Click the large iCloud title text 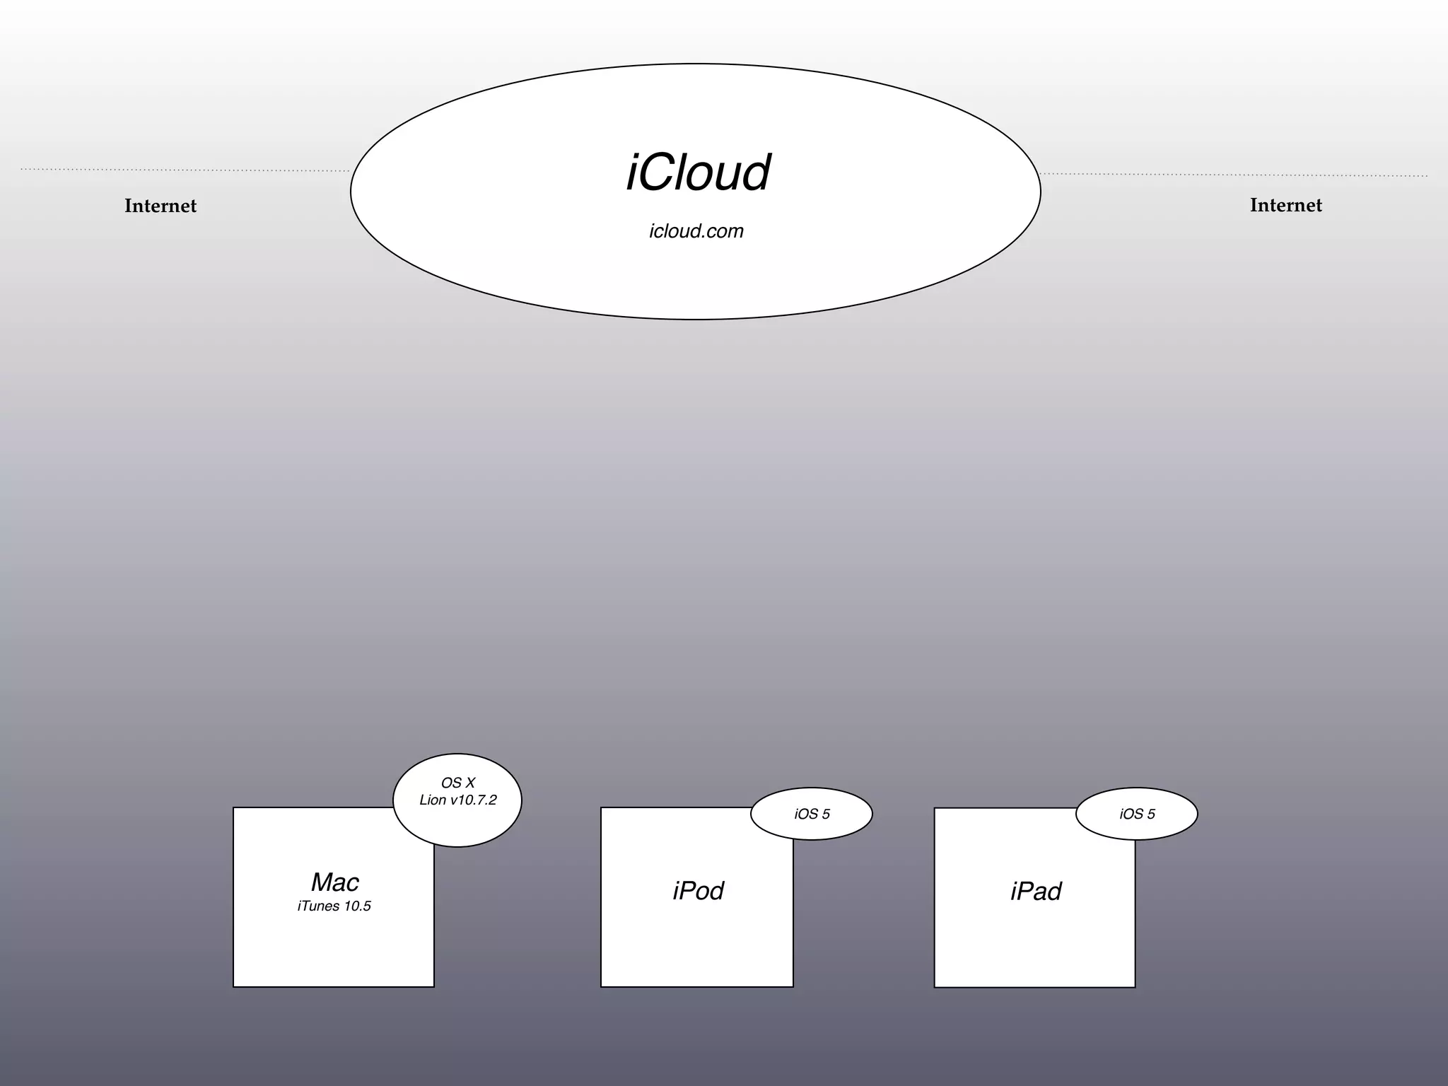698,173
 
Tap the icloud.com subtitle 696,231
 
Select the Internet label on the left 160,206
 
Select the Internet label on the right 1285,205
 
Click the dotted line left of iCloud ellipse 184,170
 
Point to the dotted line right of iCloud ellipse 1234,175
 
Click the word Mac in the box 335,882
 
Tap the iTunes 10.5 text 334,906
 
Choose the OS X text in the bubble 457,783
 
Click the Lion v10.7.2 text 457,800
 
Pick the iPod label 698,891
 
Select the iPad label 1036,892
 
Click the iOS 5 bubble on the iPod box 812,814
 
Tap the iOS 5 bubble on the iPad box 1137,814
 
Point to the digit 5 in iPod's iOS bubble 826,814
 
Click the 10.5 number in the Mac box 357,906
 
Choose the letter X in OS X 470,783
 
